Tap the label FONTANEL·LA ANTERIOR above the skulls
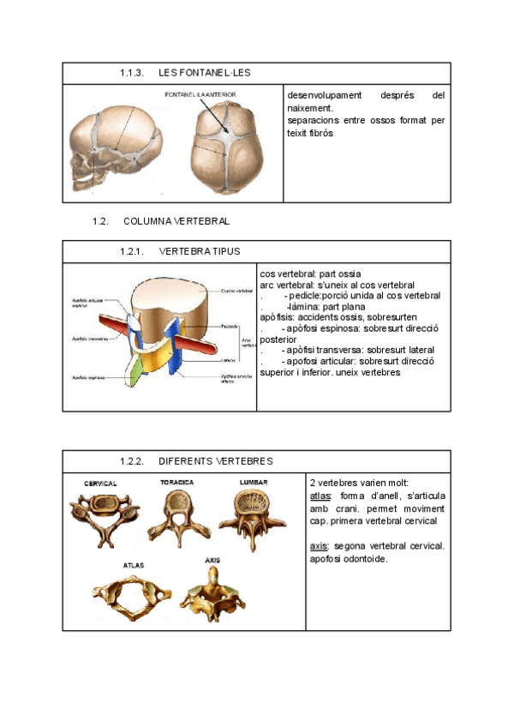(x=200, y=94)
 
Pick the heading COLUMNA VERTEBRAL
(x=176, y=221)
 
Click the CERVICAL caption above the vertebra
(x=100, y=484)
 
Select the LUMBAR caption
(x=254, y=483)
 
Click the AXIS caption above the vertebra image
(x=212, y=561)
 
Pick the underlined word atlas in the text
(x=320, y=496)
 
